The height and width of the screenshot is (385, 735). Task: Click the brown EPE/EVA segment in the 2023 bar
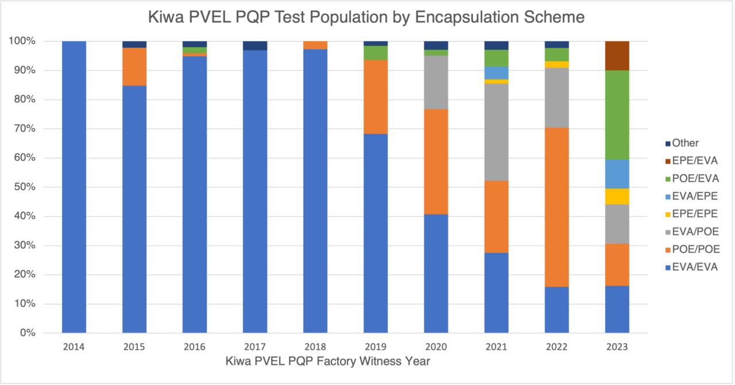pos(617,56)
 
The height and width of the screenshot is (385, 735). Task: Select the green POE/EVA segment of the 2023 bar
pos(617,115)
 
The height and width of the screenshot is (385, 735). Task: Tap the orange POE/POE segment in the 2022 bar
pos(557,207)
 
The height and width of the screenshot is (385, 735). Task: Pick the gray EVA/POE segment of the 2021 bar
pos(496,132)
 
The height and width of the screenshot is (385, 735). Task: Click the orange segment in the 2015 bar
pos(134,67)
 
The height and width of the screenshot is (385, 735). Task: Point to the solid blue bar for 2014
pos(73,187)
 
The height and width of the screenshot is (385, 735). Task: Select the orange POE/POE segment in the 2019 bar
pos(376,97)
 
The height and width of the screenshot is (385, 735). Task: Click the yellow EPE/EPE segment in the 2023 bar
pos(617,197)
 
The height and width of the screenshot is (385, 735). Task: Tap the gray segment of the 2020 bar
pos(436,82)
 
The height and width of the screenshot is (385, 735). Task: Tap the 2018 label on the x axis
pos(315,347)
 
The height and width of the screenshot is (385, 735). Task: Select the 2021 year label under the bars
pos(496,347)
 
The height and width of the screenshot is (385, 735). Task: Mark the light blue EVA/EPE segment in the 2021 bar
pos(496,72)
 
